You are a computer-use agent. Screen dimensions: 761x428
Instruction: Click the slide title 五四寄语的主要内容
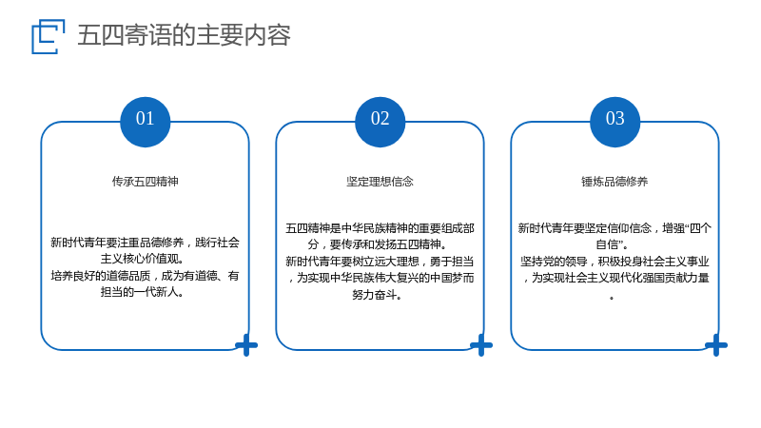click(184, 35)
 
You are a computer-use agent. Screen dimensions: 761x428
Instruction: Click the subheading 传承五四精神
click(146, 182)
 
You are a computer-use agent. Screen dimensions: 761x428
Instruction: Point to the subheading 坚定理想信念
click(380, 182)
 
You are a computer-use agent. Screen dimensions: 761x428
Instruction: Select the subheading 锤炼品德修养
click(615, 182)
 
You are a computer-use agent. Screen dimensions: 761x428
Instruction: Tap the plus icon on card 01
click(246, 345)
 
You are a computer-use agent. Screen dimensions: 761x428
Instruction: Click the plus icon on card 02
click(481, 345)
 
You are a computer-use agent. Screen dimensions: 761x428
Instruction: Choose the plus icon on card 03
click(716, 345)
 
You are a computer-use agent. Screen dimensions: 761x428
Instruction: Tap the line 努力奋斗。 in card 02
click(377, 295)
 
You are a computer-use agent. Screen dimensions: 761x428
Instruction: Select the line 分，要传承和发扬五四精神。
click(377, 244)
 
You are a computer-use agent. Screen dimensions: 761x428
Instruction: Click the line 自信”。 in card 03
click(612, 244)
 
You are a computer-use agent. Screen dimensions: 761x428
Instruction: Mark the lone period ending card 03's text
click(612, 298)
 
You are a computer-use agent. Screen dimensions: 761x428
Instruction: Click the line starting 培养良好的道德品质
click(146, 276)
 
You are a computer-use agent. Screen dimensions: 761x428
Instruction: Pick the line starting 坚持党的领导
click(615, 262)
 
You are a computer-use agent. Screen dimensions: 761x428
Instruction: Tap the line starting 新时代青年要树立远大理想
click(380, 262)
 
